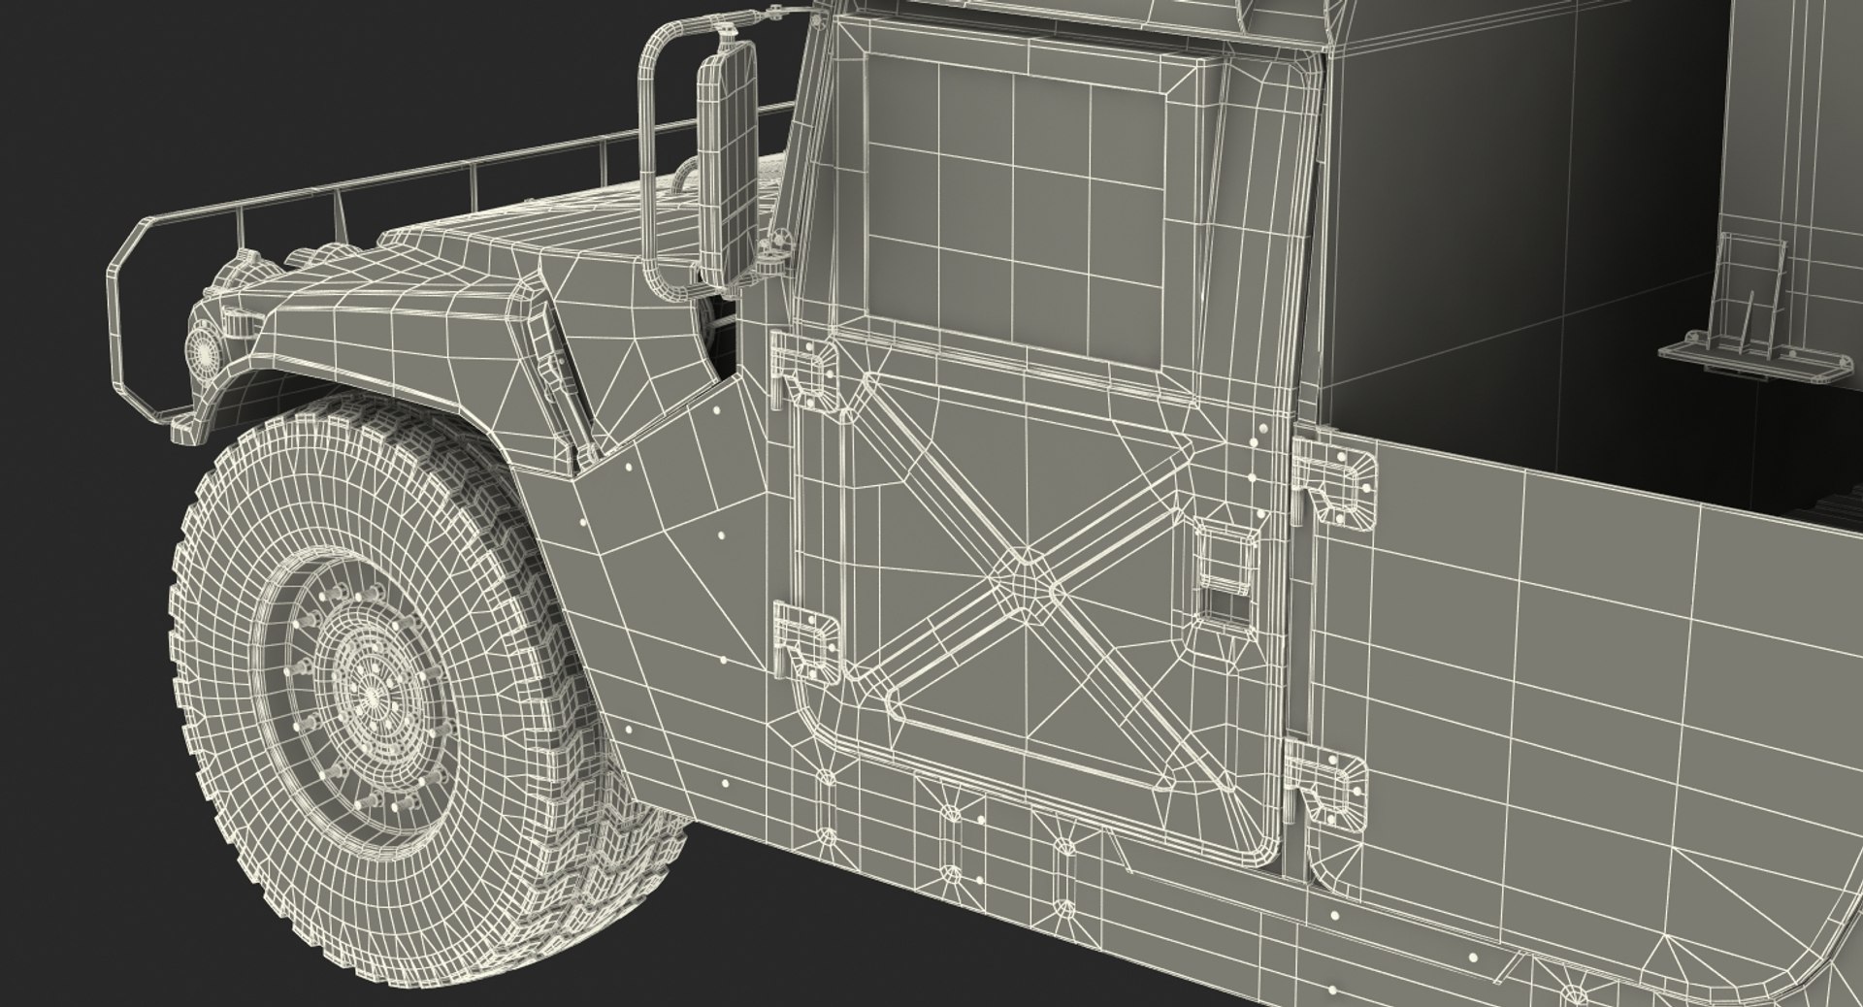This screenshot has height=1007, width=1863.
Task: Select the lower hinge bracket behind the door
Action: pos(1327,782)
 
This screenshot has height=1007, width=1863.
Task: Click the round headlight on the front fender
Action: pos(205,344)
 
